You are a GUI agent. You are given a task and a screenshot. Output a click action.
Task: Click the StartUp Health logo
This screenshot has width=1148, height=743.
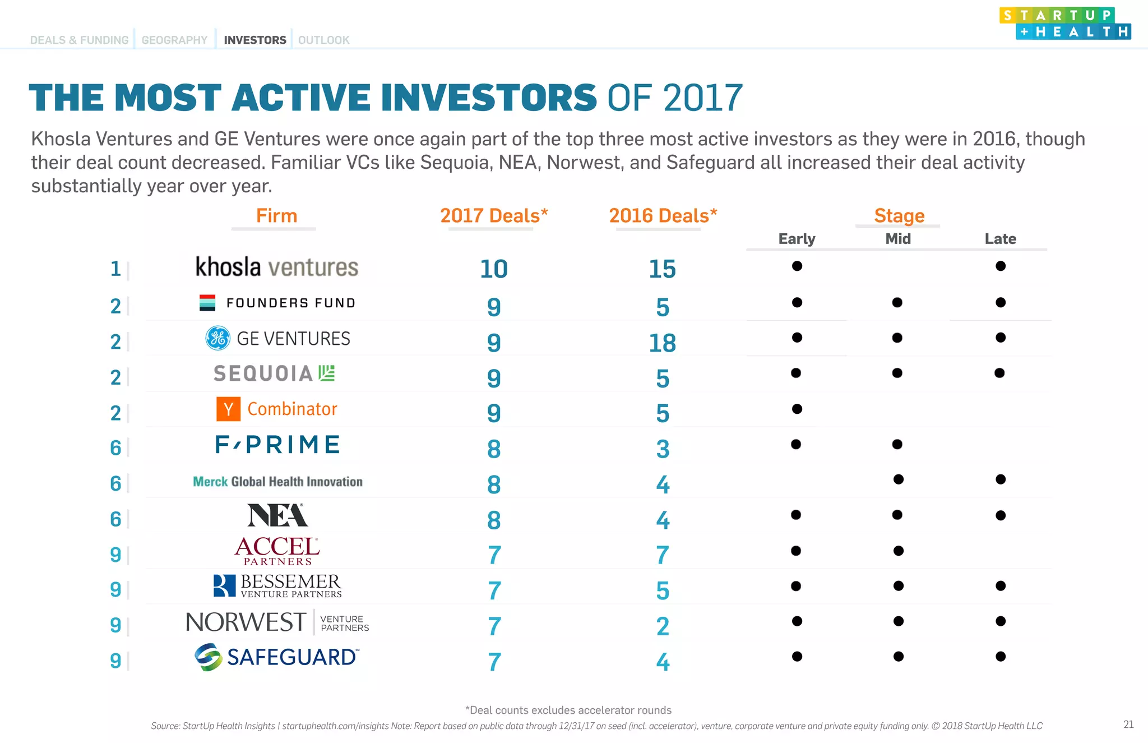point(1064,23)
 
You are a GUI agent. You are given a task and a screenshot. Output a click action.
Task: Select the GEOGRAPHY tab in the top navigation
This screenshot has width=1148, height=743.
point(174,40)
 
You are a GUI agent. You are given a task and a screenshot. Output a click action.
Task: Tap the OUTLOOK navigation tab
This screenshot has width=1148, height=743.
point(323,40)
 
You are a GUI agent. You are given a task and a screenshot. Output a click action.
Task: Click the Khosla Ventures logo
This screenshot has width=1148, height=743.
point(276,267)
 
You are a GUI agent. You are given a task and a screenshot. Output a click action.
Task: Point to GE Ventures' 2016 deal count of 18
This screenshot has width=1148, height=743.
point(662,343)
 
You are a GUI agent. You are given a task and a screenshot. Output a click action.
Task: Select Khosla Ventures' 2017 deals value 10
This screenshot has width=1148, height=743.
point(493,269)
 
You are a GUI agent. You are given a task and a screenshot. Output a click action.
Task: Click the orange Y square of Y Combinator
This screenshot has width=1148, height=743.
point(228,409)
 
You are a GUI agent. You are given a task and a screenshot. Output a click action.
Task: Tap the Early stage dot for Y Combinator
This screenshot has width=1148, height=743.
point(797,409)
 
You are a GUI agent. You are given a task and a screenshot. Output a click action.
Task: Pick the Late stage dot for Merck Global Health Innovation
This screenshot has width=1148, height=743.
point(1000,479)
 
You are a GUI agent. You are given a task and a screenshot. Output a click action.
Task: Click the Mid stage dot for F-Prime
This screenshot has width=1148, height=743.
point(897,444)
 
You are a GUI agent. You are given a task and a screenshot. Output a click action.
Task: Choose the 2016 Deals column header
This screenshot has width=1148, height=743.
point(663,216)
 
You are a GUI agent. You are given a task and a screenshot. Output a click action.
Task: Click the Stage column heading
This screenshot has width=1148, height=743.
point(899,216)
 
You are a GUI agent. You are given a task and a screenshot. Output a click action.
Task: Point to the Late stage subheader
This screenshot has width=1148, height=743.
point(1000,239)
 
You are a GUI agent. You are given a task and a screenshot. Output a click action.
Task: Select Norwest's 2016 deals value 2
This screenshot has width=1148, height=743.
point(663,626)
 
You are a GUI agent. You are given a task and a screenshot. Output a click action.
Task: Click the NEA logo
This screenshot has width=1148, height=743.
point(277,515)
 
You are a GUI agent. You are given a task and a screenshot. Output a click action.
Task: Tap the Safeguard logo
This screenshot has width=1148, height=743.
point(276,657)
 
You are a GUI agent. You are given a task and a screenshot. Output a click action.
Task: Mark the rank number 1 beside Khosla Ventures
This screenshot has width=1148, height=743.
point(115,269)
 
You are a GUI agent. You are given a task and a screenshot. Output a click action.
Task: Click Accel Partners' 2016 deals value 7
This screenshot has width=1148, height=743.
point(663,556)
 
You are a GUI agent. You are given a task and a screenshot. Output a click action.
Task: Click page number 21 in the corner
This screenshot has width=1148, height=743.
point(1128,724)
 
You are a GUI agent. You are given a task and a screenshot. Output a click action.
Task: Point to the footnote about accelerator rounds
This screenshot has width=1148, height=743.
point(568,710)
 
